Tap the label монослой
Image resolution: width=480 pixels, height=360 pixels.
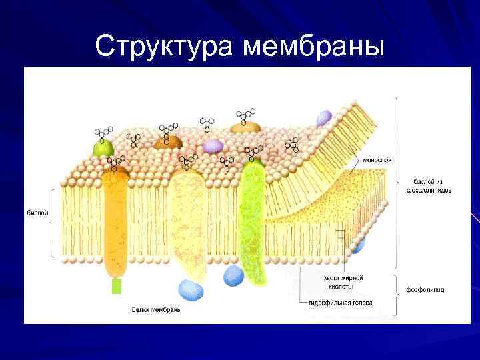[377, 160]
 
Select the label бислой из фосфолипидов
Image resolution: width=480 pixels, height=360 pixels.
[429, 185]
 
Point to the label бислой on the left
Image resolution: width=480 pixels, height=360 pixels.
[37, 213]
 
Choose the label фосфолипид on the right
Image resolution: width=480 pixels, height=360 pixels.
[425, 290]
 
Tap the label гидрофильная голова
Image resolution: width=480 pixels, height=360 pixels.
[340, 303]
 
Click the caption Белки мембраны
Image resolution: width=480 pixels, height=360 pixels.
[156, 309]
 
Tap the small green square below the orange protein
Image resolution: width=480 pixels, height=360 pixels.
[117, 286]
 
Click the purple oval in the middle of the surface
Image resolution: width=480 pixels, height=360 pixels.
[213, 145]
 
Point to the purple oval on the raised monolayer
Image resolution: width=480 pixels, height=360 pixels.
[324, 118]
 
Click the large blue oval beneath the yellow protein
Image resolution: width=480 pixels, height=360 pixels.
[191, 289]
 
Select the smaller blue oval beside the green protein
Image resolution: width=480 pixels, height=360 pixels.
[233, 275]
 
